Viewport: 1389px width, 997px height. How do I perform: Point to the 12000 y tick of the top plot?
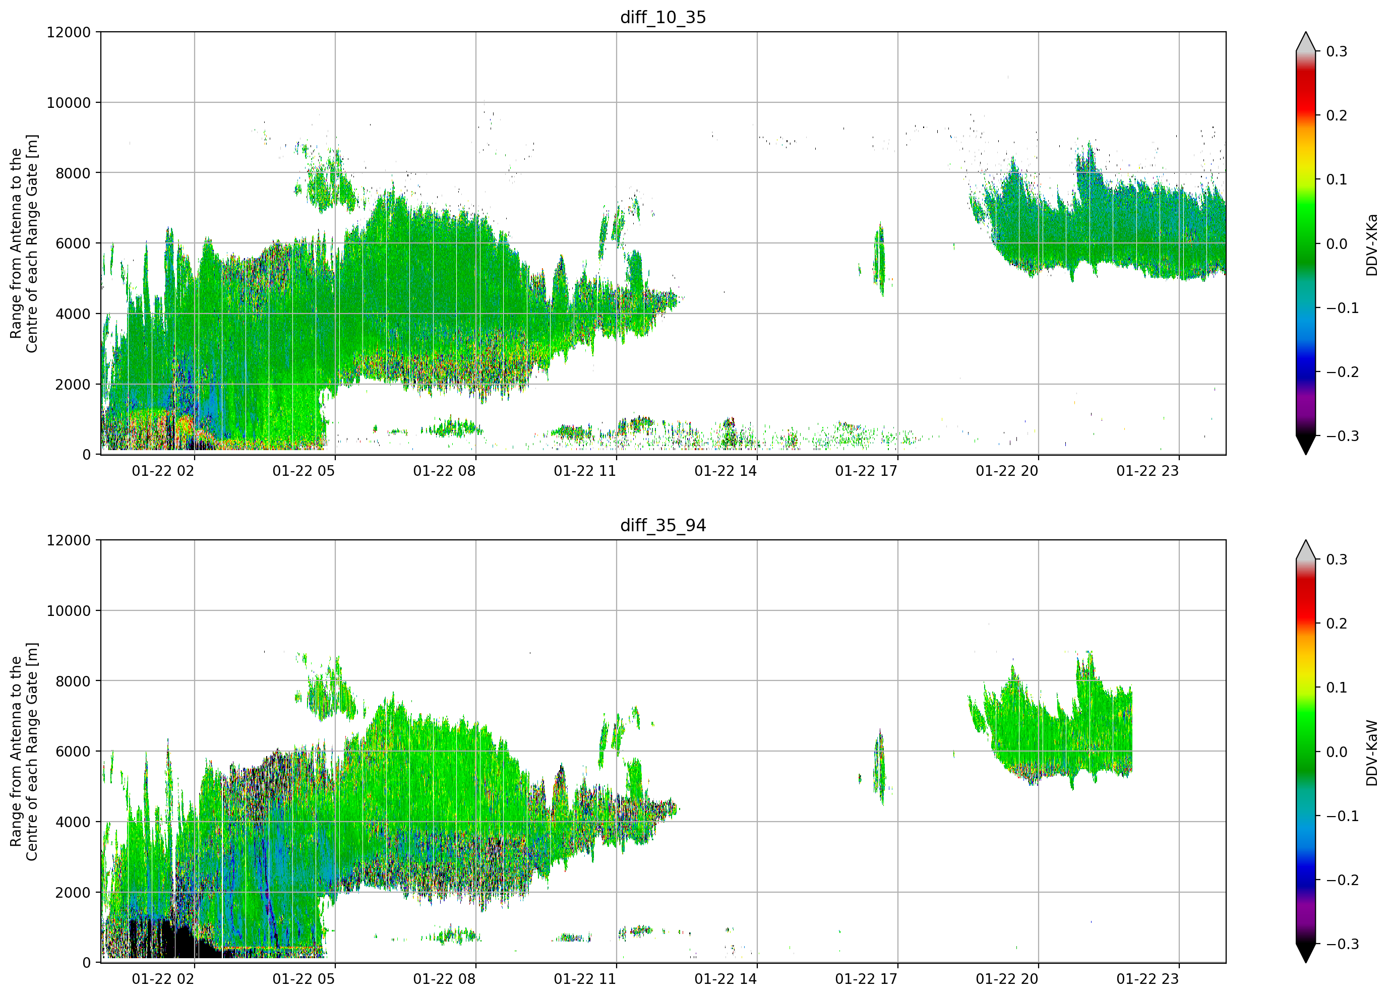(x=69, y=32)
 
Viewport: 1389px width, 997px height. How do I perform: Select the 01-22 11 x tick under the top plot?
(x=585, y=471)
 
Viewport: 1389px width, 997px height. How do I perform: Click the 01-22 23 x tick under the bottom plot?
(x=1147, y=979)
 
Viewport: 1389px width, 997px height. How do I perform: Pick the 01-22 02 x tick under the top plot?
(x=163, y=471)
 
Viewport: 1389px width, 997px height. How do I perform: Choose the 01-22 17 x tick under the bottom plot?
(x=866, y=979)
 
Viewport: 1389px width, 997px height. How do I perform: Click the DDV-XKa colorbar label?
(x=1372, y=244)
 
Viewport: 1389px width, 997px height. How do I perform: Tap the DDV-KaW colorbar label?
(x=1372, y=753)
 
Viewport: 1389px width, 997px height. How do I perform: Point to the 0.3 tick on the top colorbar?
(x=1337, y=51)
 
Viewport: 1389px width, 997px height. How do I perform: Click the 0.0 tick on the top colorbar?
(x=1337, y=244)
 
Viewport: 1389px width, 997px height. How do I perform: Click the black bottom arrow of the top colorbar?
(x=1306, y=445)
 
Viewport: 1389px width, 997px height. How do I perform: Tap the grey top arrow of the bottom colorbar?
(x=1306, y=550)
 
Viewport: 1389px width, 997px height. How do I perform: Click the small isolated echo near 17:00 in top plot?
(x=879, y=260)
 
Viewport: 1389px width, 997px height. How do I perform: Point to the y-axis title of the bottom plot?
(x=24, y=752)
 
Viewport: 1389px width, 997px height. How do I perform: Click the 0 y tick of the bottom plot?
(x=86, y=962)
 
